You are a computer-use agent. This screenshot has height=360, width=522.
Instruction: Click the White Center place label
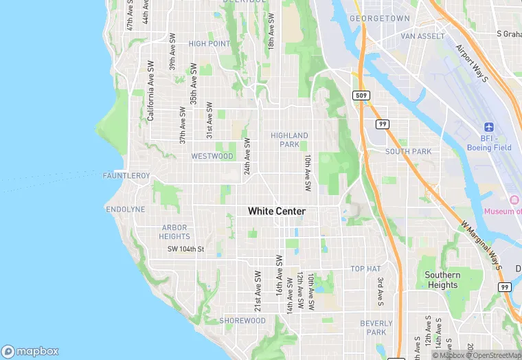tap(276, 212)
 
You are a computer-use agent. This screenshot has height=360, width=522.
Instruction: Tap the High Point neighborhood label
tap(209, 44)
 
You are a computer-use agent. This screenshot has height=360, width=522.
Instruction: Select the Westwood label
tap(212, 157)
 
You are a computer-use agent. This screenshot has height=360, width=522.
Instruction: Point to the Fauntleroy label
tap(126, 177)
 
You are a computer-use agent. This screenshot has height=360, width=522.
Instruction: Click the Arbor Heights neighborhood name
tap(174, 232)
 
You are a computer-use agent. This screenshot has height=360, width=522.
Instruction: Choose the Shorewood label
tap(242, 321)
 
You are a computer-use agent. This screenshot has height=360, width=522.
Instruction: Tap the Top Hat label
tap(365, 269)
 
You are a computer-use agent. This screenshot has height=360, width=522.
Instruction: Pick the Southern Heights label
tap(442, 280)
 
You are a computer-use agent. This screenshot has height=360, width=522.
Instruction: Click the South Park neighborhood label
tap(408, 151)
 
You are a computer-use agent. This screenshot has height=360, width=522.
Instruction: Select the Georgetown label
tap(379, 19)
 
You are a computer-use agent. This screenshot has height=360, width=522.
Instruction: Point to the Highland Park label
tap(289, 140)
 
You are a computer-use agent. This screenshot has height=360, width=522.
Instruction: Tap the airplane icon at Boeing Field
tap(489, 127)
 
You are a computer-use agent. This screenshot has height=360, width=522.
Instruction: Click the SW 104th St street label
tap(186, 249)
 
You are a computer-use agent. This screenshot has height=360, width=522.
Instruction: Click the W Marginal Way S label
tap(481, 245)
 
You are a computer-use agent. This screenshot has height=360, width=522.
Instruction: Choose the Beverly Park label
tap(376, 328)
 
